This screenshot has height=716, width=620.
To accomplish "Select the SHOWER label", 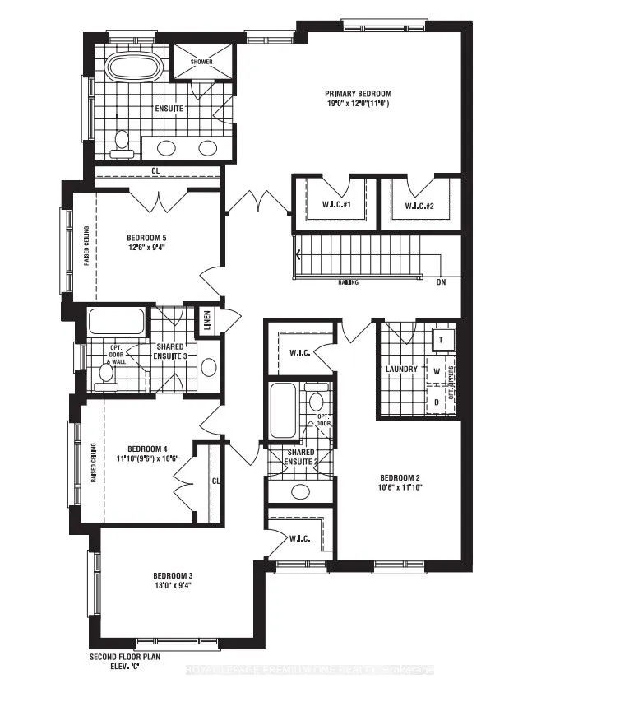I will pos(201,62).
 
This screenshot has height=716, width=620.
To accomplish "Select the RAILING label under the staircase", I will pos(347,281).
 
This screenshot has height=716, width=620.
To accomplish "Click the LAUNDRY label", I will pos(401,370).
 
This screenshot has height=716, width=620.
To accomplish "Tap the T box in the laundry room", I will pos(441,339).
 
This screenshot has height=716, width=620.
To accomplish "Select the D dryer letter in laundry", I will pos(437,401).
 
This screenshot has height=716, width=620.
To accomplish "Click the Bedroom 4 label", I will pos(144,448).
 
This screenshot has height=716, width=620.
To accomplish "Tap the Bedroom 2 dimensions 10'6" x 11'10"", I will pos(400,487).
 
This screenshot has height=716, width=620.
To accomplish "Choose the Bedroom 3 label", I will pos(172,575).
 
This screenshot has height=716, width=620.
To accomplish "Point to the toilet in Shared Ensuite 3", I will pos(105,374).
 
